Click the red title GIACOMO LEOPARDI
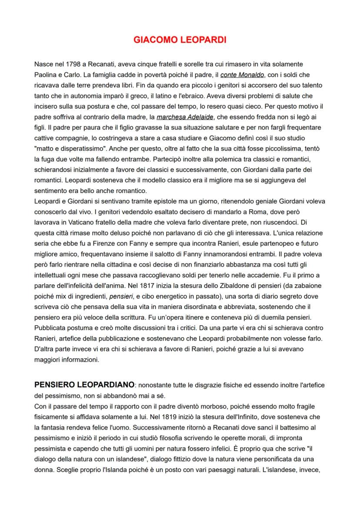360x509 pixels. [180, 40]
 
